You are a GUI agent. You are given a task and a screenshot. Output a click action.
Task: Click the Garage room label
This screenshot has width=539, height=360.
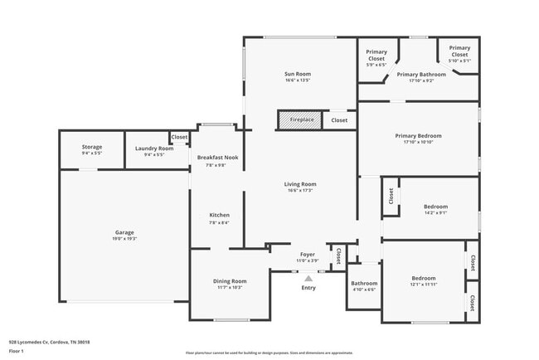click(124, 232)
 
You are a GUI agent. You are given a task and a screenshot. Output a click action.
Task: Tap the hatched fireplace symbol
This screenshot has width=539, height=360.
click(302, 120)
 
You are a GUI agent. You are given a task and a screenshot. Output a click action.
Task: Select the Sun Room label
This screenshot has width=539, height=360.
click(297, 75)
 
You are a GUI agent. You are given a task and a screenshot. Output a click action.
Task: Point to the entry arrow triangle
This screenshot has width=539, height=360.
click(308, 279)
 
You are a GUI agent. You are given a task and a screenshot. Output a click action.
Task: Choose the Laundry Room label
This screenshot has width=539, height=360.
click(148, 148)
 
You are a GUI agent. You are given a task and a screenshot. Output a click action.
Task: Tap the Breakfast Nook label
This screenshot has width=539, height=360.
click(217, 157)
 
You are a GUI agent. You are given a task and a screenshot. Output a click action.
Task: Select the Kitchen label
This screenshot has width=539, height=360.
click(219, 215)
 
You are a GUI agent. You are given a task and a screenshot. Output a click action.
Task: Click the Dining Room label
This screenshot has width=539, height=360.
click(230, 281)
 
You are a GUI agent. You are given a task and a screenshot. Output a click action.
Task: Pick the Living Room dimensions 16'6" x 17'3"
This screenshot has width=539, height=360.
click(301, 191)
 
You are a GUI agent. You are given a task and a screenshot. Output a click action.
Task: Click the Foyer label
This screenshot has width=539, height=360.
click(308, 255)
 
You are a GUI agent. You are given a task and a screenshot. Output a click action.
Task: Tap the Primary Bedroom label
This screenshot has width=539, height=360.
click(418, 135)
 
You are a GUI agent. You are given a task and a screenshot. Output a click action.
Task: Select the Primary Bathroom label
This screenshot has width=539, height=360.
click(427, 75)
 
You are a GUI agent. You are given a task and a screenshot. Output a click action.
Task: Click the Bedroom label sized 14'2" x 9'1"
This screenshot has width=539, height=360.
click(435, 207)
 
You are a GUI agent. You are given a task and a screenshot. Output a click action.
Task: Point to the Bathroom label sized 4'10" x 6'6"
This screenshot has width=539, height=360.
click(364, 283)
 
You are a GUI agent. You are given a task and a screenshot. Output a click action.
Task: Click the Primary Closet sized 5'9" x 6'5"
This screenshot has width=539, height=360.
click(376, 55)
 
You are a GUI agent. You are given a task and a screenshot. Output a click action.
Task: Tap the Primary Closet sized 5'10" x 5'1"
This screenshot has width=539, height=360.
click(459, 51)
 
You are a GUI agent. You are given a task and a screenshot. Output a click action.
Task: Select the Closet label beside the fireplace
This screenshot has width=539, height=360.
click(339, 120)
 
